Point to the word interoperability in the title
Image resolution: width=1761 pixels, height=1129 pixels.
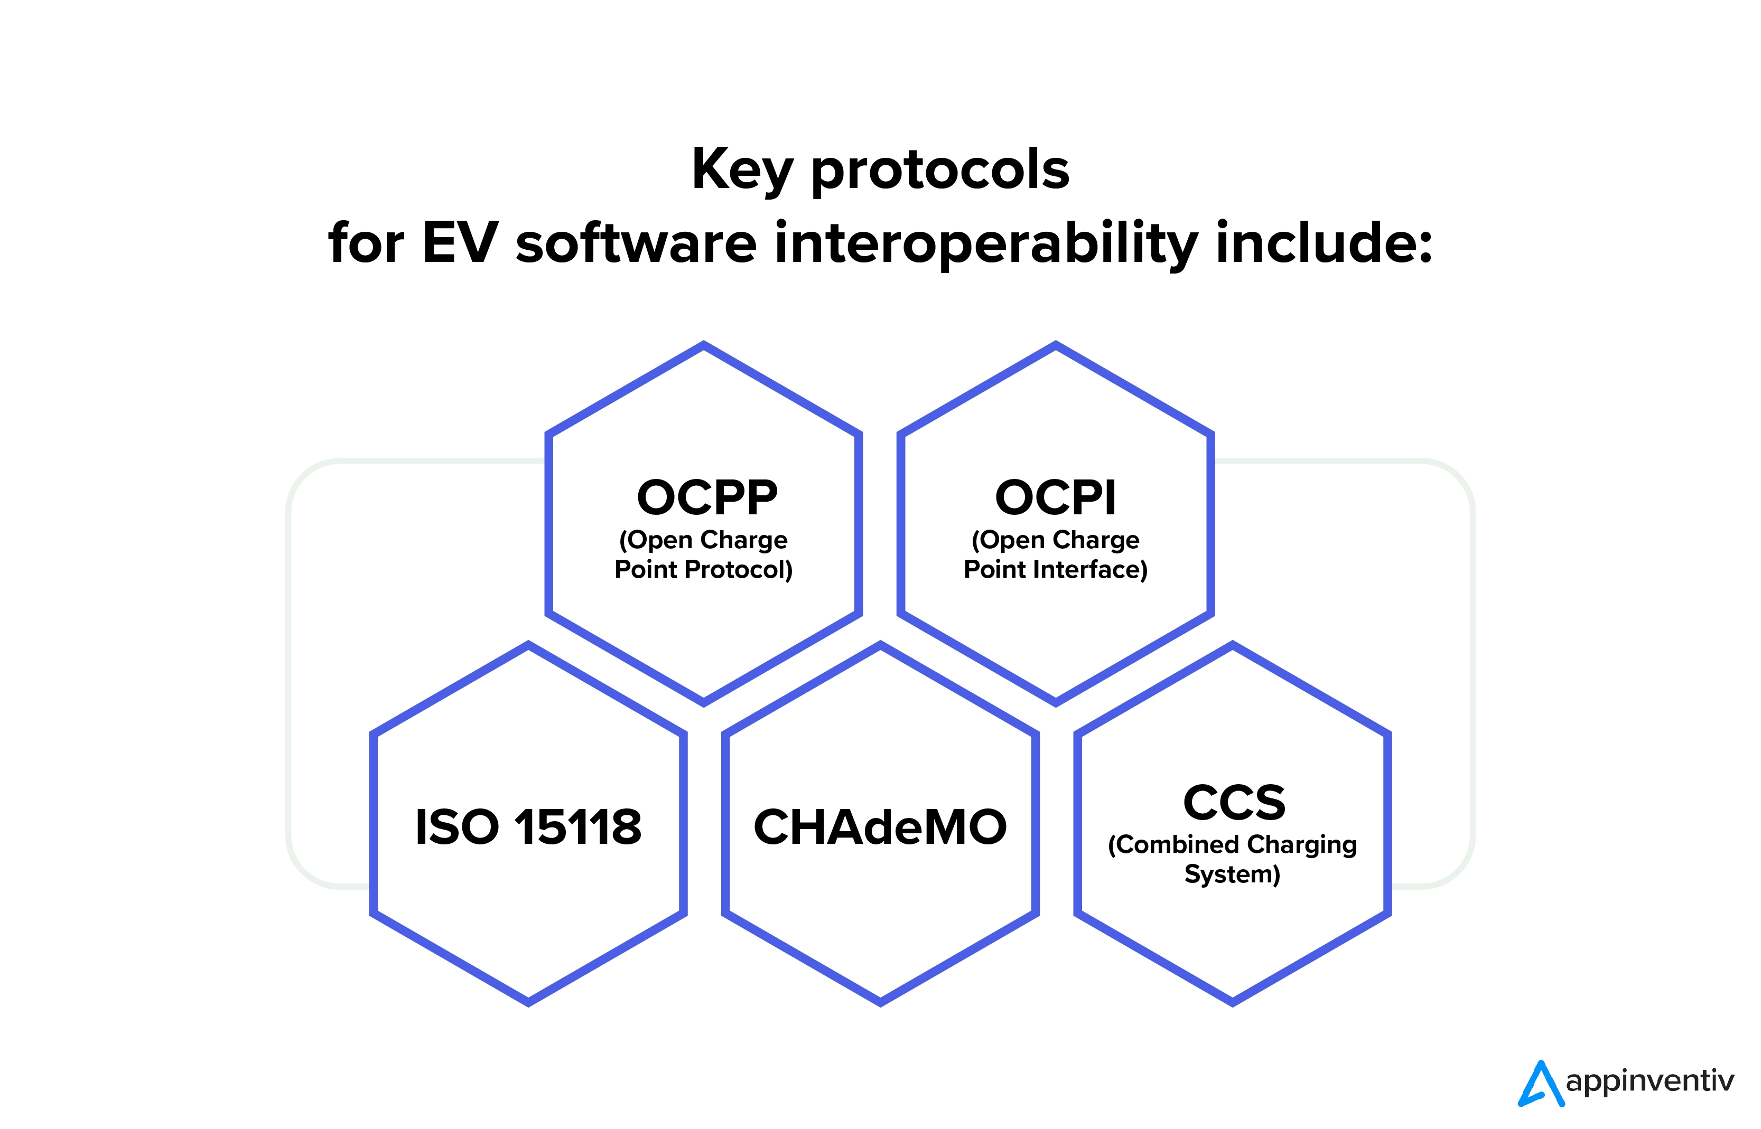[986, 245]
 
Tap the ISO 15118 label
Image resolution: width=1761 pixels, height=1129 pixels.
[528, 827]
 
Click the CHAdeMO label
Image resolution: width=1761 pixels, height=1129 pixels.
[880, 827]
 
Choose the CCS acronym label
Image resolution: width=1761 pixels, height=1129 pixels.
[1234, 802]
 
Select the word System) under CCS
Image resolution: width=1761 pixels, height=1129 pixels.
[1232, 874]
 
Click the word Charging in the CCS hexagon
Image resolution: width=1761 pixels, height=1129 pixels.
[1302, 845]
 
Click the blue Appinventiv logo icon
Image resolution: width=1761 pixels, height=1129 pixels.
[1541, 1083]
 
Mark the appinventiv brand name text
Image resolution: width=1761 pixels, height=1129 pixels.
[1650, 1082]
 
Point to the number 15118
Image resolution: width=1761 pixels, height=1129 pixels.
[578, 827]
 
